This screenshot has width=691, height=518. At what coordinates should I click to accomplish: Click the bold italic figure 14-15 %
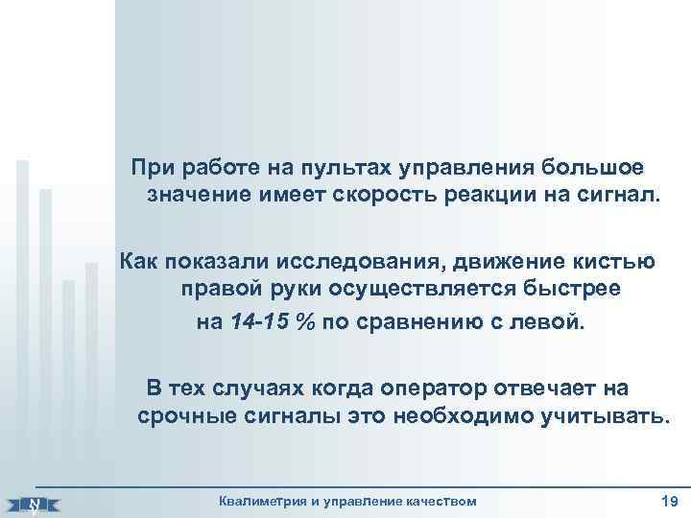(x=274, y=321)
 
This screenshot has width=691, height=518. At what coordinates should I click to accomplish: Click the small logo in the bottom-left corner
(x=34, y=502)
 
